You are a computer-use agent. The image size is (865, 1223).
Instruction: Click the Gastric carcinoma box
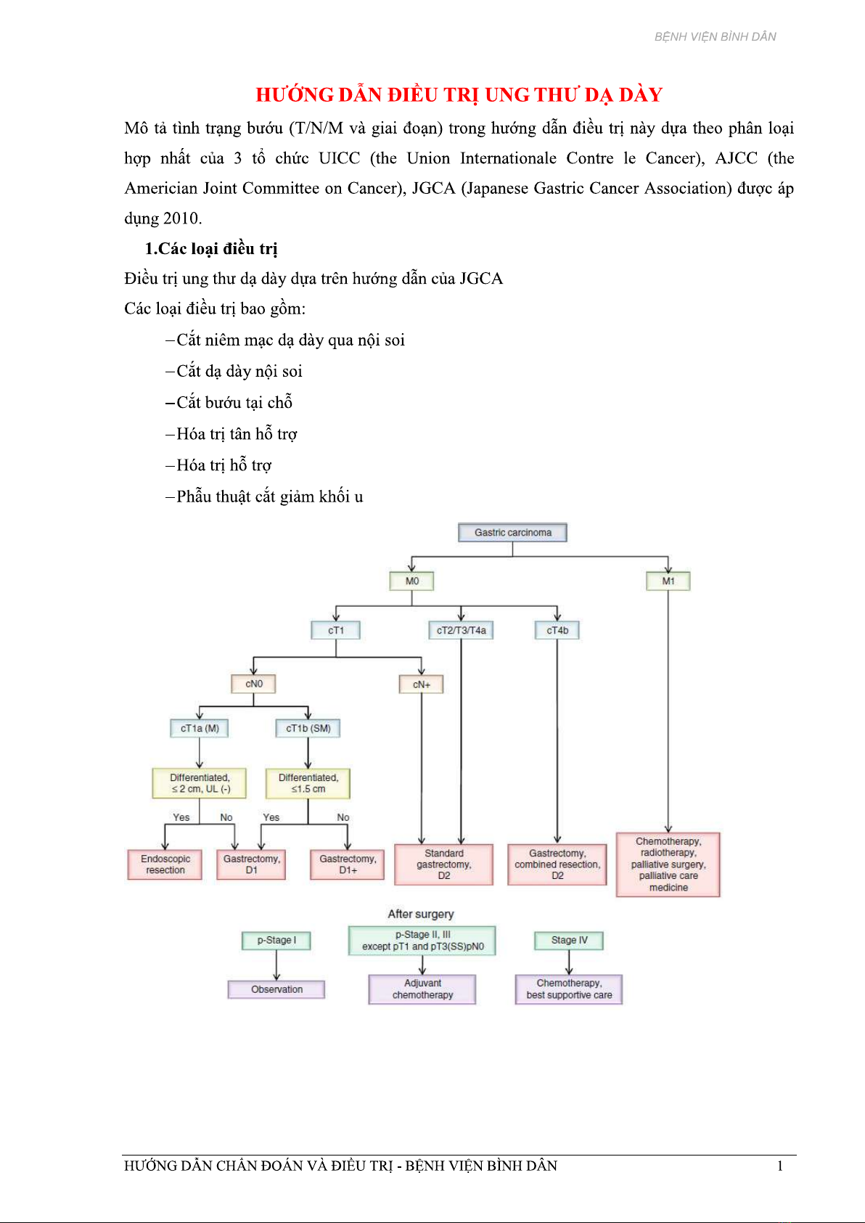click(512, 532)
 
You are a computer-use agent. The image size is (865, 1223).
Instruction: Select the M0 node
click(411, 581)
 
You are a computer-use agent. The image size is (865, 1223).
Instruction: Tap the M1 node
click(668, 581)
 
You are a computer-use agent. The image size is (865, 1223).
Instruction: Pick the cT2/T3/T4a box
click(461, 630)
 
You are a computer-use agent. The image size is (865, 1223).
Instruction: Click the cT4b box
click(557, 630)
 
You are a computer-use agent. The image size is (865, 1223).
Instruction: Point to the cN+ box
click(421, 684)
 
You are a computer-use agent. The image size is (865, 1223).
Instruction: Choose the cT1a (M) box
click(199, 728)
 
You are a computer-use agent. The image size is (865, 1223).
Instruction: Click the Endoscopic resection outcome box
click(165, 864)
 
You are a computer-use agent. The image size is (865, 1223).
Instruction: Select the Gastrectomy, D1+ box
click(347, 864)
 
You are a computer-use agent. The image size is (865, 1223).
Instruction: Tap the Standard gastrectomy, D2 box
click(443, 864)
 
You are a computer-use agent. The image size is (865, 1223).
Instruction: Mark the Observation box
click(276, 989)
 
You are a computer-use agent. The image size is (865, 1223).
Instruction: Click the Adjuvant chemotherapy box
click(422, 989)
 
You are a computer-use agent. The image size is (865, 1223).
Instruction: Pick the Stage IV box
click(569, 940)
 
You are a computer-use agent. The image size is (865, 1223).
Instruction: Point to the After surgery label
click(421, 913)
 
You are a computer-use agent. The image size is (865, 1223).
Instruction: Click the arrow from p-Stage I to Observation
click(276, 965)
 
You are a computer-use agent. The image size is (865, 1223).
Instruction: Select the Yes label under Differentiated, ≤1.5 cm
click(271, 817)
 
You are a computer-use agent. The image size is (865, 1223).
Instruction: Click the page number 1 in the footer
click(780, 1166)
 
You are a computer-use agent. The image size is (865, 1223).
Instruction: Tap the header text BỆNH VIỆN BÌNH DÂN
click(715, 36)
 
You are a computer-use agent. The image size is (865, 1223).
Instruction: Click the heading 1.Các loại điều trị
click(210, 249)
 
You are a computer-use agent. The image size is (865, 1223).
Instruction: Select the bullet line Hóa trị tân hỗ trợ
click(231, 434)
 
